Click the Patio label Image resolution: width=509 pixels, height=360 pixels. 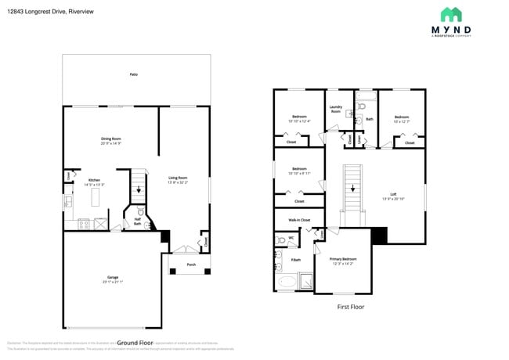click(134, 74)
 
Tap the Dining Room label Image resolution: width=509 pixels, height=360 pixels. click(110, 139)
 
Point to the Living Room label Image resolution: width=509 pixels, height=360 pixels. click(178, 178)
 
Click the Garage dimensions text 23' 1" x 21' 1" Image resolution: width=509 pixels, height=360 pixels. click(114, 282)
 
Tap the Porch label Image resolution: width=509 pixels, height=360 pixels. click(191, 265)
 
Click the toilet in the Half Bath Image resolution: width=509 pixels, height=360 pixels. click(139, 211)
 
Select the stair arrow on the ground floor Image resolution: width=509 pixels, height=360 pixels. click(140, 189)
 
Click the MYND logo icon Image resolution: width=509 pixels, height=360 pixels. click(450, 15)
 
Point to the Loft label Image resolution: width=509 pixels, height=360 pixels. click(393, 195)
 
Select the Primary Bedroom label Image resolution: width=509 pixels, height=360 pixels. click(343, 258)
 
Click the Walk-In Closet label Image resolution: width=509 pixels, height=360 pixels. click(299, 220)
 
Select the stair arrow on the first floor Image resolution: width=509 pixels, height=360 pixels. click(352, 188)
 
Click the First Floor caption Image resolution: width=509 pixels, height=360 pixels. click(351, 307)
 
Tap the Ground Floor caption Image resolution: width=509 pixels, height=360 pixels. click(133, 343)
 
